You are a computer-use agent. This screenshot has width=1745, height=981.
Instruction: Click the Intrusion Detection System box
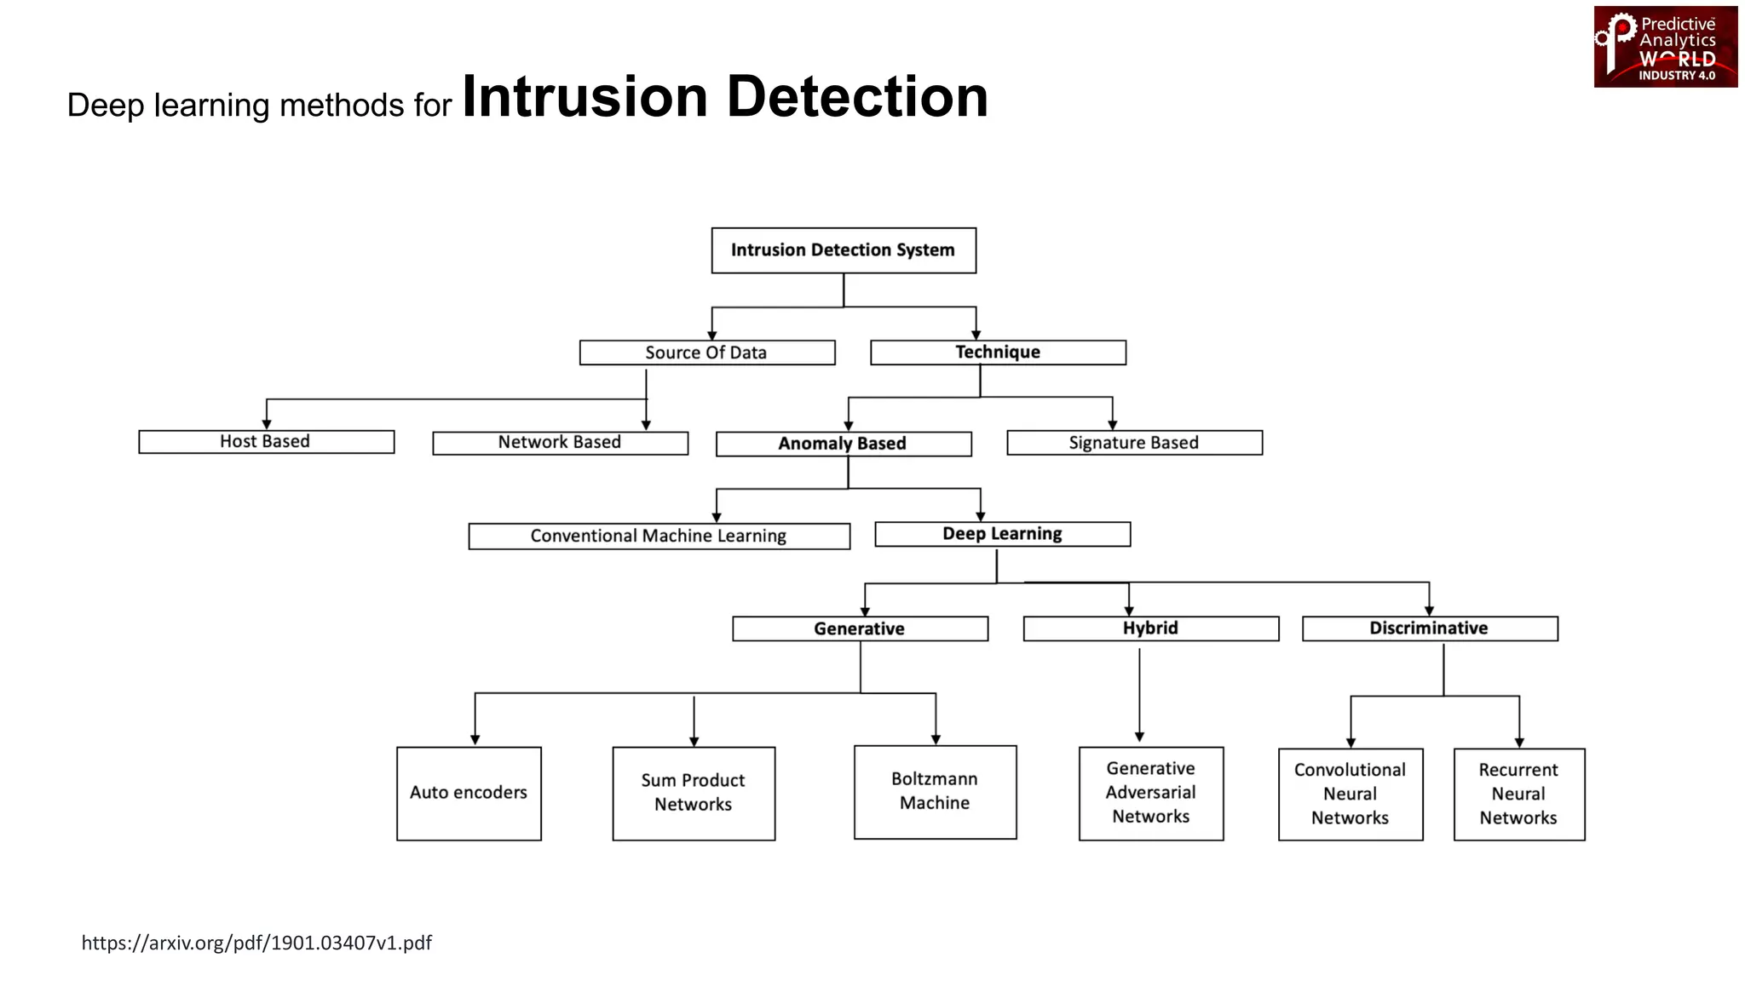point(844,250)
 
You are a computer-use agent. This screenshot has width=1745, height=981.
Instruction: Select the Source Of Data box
point(706,353)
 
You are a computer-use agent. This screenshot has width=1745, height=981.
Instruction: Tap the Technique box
point(998,353)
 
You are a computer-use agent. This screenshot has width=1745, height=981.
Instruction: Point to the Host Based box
point(266,441)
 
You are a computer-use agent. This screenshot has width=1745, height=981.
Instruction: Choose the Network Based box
point(560,443)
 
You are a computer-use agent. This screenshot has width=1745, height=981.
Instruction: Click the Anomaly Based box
point(843,444)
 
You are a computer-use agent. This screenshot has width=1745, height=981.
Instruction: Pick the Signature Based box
point(1134,443)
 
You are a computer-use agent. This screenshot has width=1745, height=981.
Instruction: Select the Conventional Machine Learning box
point(659,536)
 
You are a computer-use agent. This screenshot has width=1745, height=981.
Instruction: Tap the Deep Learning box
point(1002,534)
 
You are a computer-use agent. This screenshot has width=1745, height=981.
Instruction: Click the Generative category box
point(860,628)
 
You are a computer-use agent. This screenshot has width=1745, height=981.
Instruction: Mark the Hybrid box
point(1150,628)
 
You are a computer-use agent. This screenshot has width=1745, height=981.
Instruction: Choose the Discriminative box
point(1430,628)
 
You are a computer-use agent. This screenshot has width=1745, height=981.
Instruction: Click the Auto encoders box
point(469,793)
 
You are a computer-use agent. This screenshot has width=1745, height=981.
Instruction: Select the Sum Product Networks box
point(694,793)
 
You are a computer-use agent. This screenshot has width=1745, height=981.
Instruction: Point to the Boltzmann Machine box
point(935,791)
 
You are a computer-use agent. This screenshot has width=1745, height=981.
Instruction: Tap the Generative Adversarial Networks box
point(1150,793)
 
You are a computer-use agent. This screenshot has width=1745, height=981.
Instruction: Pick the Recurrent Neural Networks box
point(1518,794)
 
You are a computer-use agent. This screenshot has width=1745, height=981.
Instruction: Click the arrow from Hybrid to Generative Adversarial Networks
point(1139,694)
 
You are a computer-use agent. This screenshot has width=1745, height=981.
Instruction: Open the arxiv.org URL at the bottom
point(256,943)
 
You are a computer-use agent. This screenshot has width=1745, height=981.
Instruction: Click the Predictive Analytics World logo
point(1665,47)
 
